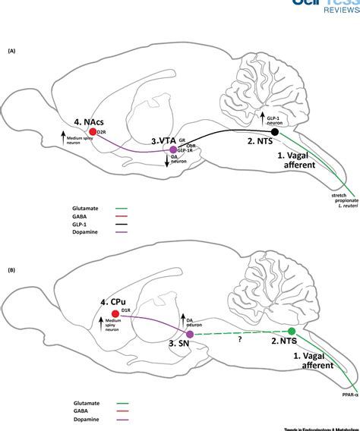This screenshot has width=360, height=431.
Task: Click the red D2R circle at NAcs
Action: tap(71, 131)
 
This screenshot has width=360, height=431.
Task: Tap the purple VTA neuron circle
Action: tap(173, 149)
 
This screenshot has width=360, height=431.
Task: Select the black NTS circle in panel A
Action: tap(274, 132)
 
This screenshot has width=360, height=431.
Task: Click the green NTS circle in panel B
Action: tap(292, 332)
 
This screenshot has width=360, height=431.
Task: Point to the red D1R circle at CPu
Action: tap(115, 313)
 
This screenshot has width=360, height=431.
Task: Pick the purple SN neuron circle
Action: tap(190, 333)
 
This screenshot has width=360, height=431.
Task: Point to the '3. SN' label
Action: tap(180, 344)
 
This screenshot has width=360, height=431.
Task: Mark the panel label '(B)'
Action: tap(11, 249)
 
